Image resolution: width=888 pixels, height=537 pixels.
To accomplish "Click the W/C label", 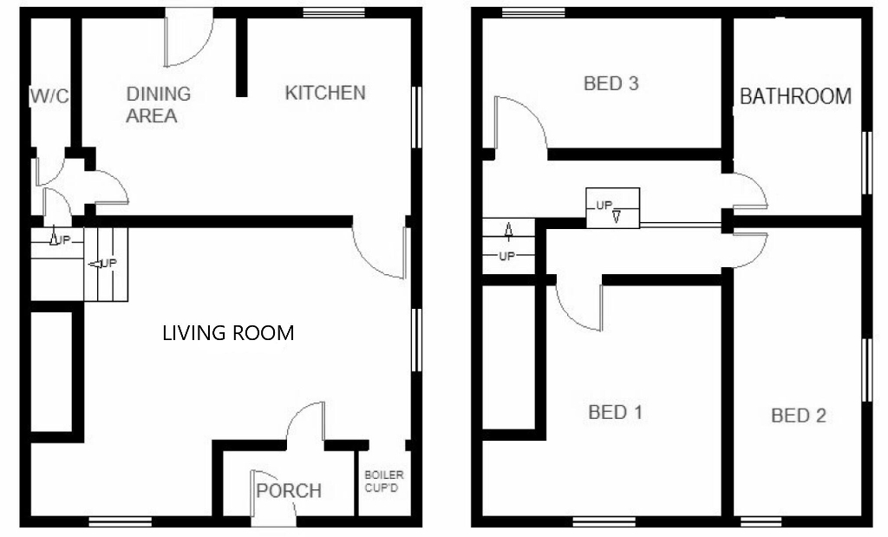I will [49, 96].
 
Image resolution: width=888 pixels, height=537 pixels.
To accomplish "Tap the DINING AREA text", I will [158, 104].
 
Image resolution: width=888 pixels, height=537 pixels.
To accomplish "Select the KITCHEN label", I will [325, 93].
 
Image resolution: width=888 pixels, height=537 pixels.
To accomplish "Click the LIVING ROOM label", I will [228, 332].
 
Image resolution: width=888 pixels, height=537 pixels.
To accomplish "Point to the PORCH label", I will [289, 491].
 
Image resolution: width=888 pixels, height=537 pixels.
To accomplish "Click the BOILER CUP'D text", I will [383, 481].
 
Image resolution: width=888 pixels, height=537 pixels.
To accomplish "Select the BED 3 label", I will [611, 84].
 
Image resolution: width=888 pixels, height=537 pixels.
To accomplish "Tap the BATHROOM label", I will [795, 96].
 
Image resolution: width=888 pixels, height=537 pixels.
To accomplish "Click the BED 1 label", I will [615, 412].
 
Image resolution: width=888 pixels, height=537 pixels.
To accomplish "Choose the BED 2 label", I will [799, 416].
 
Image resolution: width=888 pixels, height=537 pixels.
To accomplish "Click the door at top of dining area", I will [190, 37].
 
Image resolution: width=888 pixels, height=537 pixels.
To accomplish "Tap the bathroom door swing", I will [748, 191].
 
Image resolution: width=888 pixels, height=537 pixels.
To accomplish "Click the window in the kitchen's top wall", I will [333, 13].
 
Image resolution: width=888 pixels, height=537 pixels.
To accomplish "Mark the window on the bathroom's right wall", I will [865, 162].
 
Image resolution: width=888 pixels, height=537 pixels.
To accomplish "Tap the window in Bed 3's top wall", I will [533, 13].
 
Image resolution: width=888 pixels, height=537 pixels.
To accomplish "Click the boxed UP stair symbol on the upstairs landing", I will [612, 208].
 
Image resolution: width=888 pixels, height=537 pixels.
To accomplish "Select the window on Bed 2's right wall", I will [865, 369].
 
